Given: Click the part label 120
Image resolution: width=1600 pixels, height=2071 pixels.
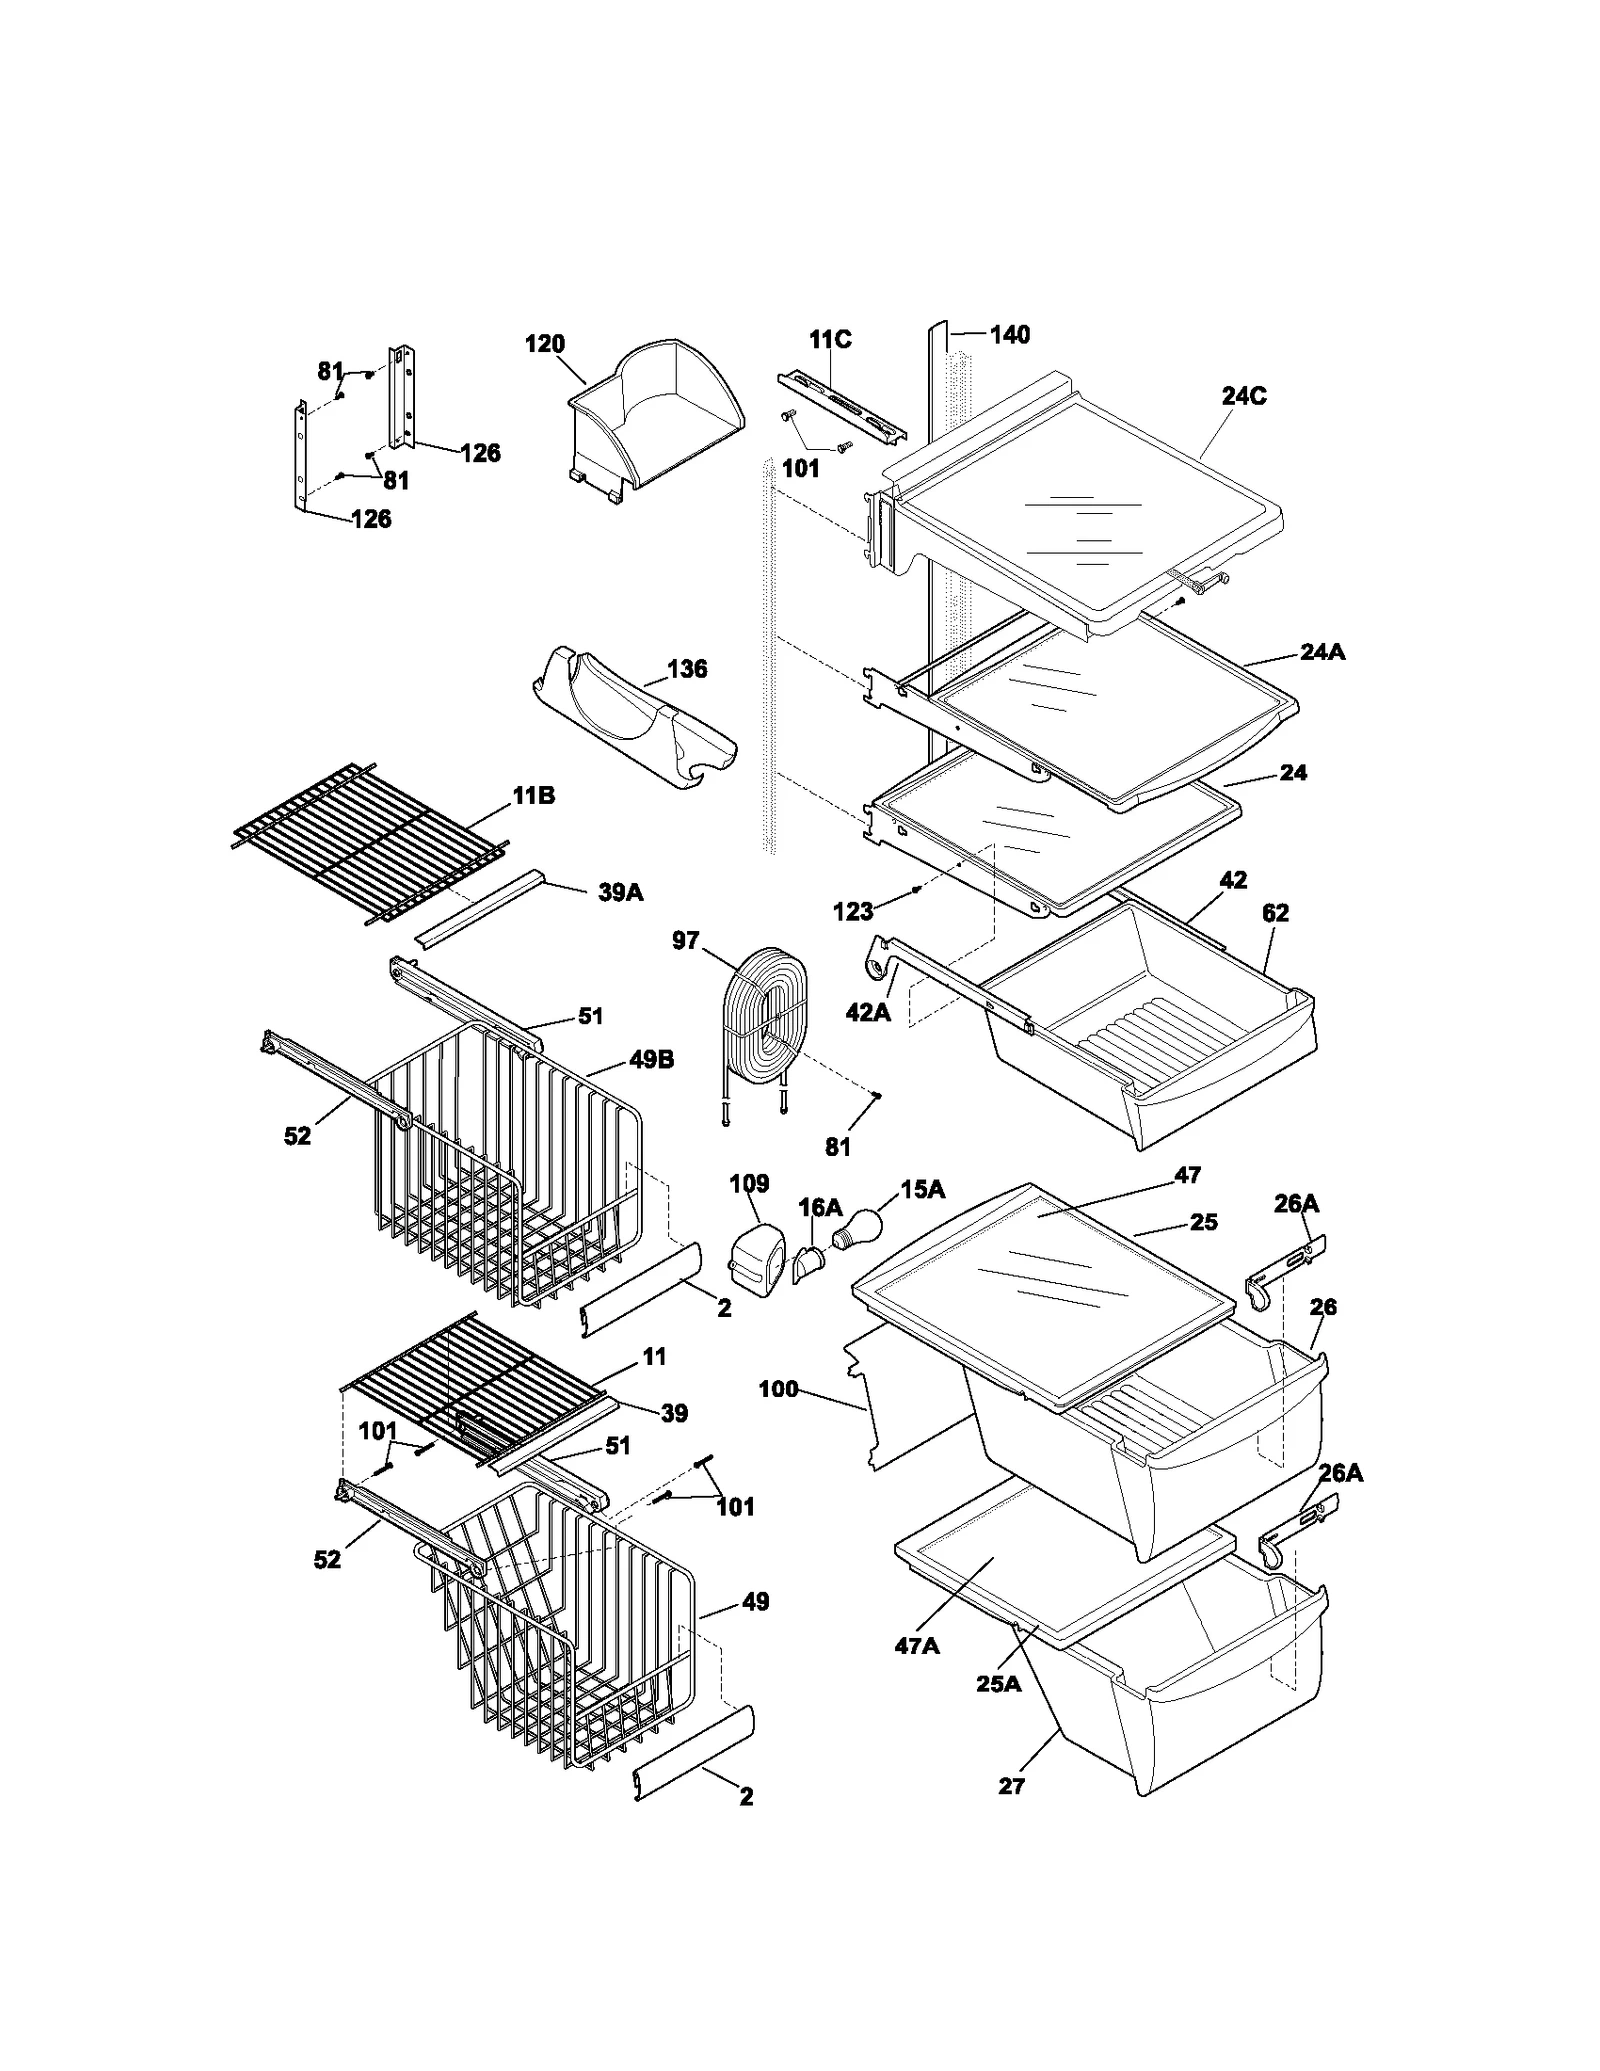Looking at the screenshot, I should (x=545, y=344).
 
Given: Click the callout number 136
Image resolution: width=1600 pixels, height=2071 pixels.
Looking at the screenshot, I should (x=687, y=669).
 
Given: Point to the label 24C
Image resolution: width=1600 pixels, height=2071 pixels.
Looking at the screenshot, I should (x=1244, y=396).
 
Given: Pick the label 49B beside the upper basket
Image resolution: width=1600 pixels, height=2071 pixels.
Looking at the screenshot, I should (x=651, y=1059).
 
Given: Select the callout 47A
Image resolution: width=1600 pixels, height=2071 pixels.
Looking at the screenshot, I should (x=917, y=1645).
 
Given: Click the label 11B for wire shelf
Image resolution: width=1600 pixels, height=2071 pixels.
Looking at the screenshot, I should (x=534, y=796).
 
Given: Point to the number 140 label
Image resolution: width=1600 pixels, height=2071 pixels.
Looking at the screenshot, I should (x=1009, y=335).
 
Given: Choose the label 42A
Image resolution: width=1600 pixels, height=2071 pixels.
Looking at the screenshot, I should (x=868, y=1012).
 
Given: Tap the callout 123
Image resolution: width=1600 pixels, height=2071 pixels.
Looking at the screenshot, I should (x=853, y=911).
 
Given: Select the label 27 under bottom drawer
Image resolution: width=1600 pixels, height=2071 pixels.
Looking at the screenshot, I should (x=1012, y=1785).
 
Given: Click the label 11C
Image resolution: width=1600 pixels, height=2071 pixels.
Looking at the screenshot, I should (x=830, y=340).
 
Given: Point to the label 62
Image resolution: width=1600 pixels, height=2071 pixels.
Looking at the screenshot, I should (x=1275, y=913).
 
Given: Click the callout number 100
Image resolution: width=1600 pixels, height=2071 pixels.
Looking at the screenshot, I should (x=778, y=1389).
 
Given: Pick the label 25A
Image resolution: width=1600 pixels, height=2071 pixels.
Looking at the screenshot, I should (x=999, y=1684).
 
